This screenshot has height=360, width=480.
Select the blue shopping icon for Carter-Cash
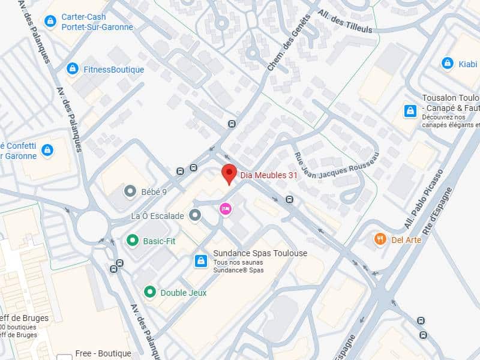click(x=50, y=22)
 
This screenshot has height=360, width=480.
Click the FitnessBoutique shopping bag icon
click(x=73, y=69)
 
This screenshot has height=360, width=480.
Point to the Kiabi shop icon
click(x=447, y=63)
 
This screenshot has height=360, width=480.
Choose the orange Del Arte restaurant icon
click(x=380, y=239)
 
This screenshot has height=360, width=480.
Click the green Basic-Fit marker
click(x=132, y=241)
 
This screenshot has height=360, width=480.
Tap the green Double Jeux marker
click(x=149, y=292)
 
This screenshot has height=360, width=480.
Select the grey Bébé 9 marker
click(x=130, y=191)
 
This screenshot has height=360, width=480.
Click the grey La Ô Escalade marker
click(x=195, y=215)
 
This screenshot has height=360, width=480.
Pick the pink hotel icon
click(x=226, y=208)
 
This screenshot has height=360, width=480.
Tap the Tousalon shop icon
click(x=410, y=110)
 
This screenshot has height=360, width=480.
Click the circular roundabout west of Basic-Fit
click(x=92, y=226)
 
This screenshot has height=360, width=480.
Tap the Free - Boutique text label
click(x=103, y=354)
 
